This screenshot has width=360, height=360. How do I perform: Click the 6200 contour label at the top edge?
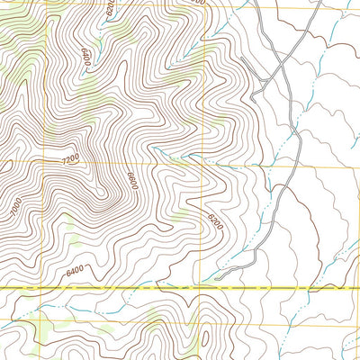tap(110, 10)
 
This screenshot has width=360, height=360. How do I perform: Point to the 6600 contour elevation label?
tap(130, 180)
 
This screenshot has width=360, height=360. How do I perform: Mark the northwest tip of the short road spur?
tap(255, 94)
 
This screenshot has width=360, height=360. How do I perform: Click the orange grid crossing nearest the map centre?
tap(203, 166)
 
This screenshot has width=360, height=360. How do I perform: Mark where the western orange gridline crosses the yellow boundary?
tap(12, 287)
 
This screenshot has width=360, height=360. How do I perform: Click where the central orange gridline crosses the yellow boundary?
tap(203, 287)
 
